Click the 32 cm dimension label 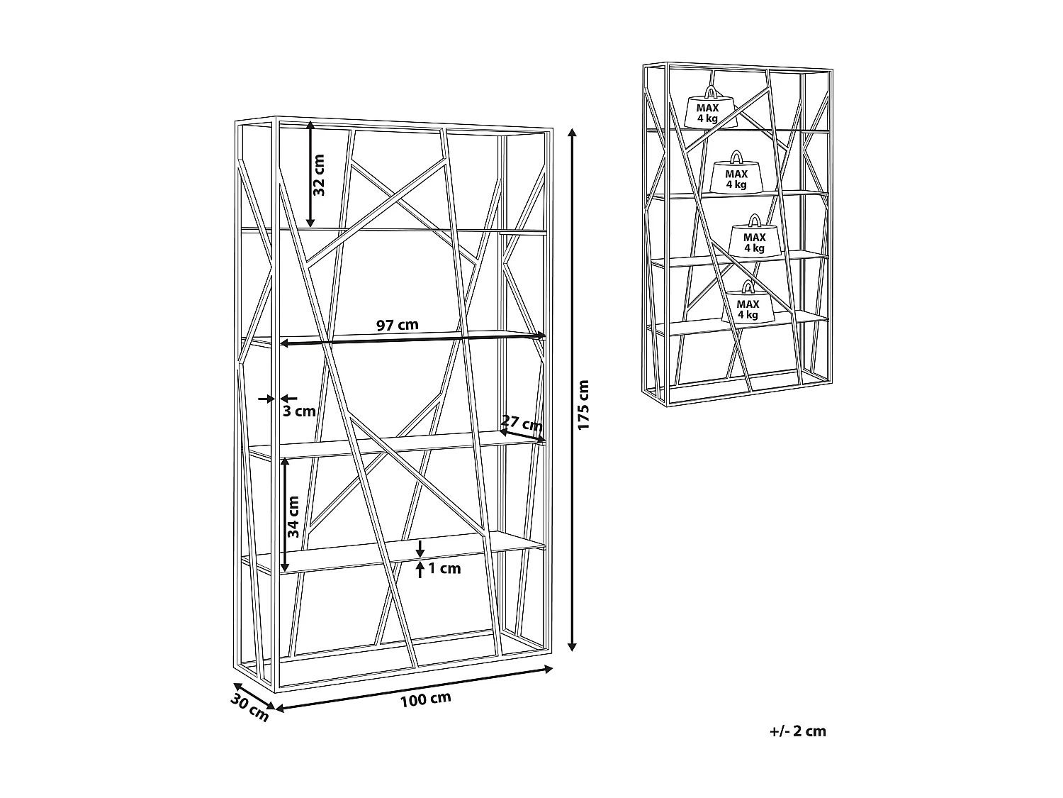coord(318,174)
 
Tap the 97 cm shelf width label coord(397,326)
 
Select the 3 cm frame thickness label coord(299,411)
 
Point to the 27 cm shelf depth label coord(522,423)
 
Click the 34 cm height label coord(294,515)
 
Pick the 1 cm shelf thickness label coord(445,568)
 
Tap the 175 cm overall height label coord(583,405)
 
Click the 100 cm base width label coord(425,699)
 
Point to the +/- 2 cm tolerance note coord(798,731)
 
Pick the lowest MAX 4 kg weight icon coord(748,306)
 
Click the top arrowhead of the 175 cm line coord(573,134)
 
